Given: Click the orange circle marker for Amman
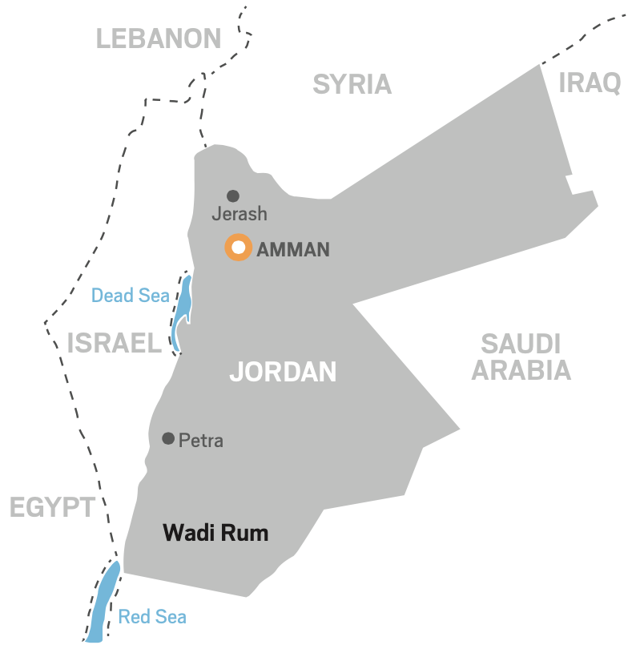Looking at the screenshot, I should click(x=231, y=248).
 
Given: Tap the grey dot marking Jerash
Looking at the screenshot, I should click(x=233, y=196).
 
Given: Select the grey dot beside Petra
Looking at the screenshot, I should click(x=168, y=438).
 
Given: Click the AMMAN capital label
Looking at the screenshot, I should click(x=293, y=249).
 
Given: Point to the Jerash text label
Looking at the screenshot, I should click(x=239, y=215).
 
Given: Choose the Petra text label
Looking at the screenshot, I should click(x=201, y=440).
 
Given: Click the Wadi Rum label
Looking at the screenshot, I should click(x=215, y=533).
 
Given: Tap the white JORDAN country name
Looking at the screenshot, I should click(x=283, y=372).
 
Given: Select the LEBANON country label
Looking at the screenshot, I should click(x=159, y=38).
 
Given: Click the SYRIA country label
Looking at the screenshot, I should click(x=352, y=84).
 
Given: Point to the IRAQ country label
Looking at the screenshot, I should click(x=590, y=83).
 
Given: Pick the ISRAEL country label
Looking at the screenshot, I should click(x=115, y=344).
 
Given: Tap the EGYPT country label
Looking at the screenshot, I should click(x=52, y=506).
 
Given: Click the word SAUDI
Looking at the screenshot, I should click(x=521, y=345).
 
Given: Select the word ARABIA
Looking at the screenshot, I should click(x=521, y=370).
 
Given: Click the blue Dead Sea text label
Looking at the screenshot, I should click(x=130, y=296).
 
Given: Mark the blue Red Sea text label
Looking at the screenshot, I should click(x=152, y=617).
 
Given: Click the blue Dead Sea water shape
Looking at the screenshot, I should click(x=183, y=308).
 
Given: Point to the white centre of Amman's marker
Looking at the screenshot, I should click(x=238, y=248).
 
